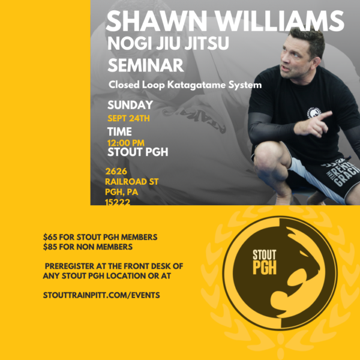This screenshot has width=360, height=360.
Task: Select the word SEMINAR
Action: (x=146, y=65)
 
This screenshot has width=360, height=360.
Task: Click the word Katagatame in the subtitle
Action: (x=196, y=85)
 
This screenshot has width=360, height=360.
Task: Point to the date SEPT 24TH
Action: (x=128, y=118)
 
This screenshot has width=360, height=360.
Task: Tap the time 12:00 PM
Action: (x=126, y=143)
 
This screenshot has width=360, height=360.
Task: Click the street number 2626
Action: (x=116, y=171)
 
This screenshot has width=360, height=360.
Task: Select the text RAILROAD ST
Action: (x=132, y=182)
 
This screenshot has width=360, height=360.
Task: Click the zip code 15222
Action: (x=118, y=202)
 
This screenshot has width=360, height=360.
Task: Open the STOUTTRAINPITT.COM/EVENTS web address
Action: (x=101, y=295)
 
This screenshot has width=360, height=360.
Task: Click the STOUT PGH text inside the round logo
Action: (x=265, y=262)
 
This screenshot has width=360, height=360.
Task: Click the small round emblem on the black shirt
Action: (x=314, y=113)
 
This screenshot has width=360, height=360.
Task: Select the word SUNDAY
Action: (x=130, y=105)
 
